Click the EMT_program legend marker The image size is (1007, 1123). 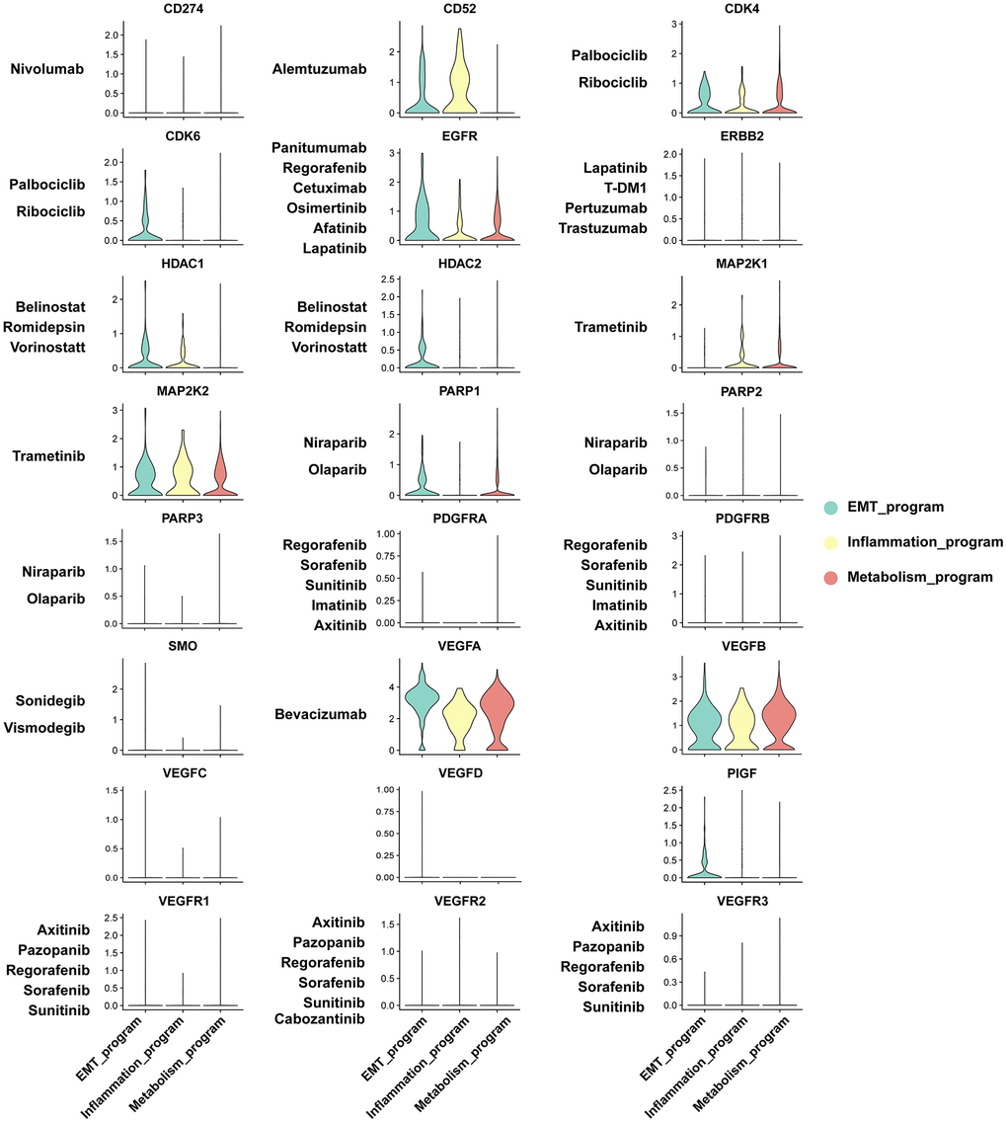coord(831,507)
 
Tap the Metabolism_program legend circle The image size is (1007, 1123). coord(831,577)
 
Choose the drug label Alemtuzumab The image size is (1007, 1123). coord(320,69)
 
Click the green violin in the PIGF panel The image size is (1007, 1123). coord(705,864)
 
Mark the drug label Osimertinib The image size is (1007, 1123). coord(322,207)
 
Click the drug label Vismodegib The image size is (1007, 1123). coord(51,727)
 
